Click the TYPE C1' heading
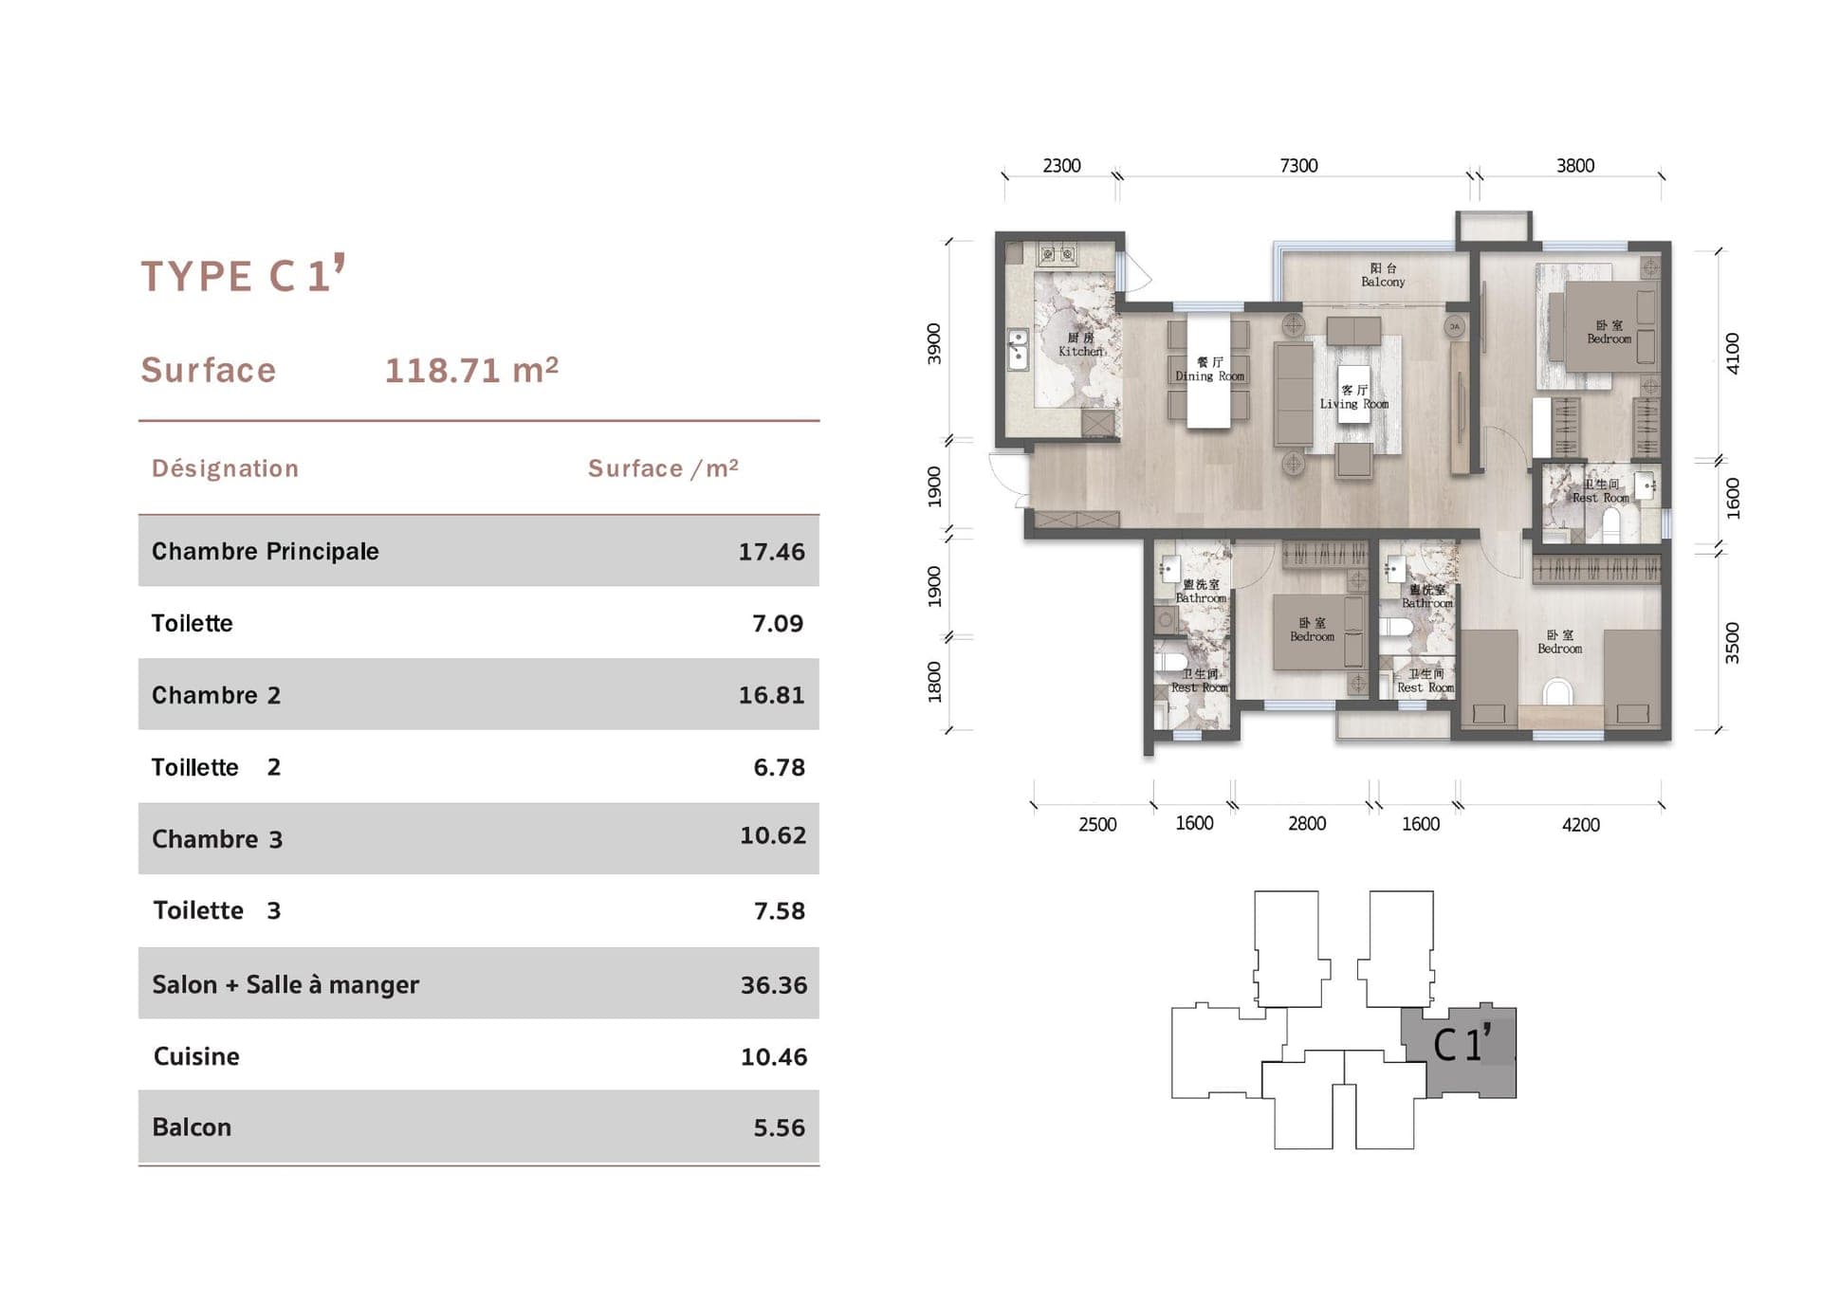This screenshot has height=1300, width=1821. [242, 276]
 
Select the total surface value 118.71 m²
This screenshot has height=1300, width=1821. [471, 370]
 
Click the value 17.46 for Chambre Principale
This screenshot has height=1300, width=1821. [771, 552]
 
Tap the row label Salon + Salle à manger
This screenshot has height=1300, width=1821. [285, 984]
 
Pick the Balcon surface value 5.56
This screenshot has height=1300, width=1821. [779, 1127]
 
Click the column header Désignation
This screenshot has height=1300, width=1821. [225, 468]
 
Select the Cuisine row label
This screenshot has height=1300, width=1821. [196, 1056]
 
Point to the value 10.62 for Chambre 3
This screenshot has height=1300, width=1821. [772, 835]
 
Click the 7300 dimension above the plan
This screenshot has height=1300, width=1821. [1298, 166]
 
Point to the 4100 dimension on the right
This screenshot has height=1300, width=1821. [1732, 353]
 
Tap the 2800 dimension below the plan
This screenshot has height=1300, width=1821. [1306, 824]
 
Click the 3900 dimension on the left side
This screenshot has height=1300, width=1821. [934, 343]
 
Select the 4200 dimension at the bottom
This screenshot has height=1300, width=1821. [1580, 825]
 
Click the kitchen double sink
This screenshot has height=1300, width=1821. [1018, 348]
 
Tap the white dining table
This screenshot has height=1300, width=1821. [1208, 372]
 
